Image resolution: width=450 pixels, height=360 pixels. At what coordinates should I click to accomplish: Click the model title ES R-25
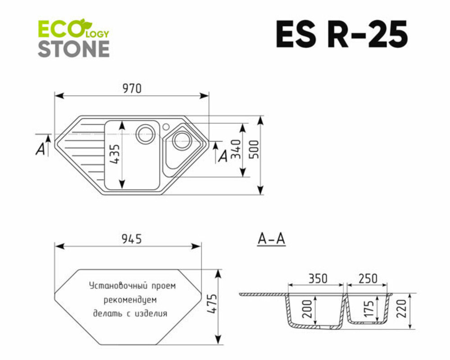tap(341, 34)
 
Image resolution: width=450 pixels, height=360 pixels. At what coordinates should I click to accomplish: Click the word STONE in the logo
tap(73, 49)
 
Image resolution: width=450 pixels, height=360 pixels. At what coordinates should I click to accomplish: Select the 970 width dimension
tap(132, 89)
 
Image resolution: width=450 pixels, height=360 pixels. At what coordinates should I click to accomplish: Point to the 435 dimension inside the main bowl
tap(114, 155)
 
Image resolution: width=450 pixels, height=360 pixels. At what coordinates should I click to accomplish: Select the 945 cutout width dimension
tap(132, 239)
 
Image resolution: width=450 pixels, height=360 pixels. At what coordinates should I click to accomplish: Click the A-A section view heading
tap(271, 239)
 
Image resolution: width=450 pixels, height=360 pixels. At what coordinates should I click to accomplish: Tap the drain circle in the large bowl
tap(146, 133)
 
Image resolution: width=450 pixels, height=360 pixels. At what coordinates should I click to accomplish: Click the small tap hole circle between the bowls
tap(166, 125)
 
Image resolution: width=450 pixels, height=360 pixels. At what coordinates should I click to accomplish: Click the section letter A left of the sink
tap(41, 149)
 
